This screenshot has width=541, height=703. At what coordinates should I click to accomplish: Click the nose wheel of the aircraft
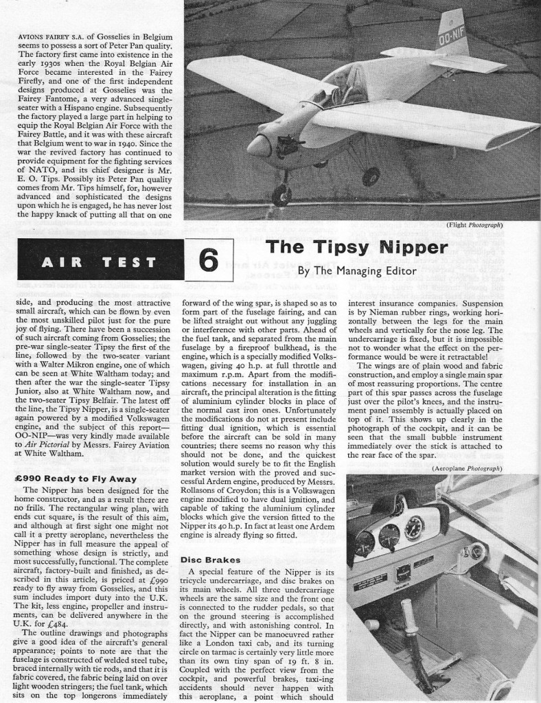281,195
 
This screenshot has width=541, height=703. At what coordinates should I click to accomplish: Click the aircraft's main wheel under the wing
370,176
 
